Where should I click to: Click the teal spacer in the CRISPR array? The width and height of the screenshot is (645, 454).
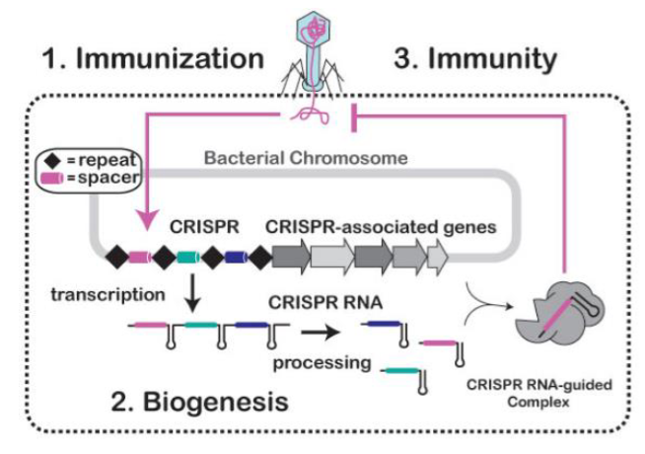[x=188, y=259]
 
